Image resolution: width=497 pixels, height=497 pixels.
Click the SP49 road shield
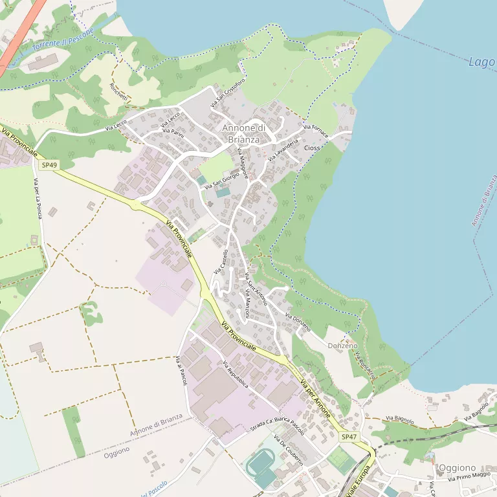pyautogui.click(x=49, y=165)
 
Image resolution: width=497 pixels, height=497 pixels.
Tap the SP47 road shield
pyautogui.click(x=349, y=437)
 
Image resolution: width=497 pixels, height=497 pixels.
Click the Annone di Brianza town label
pyautogui.click(x=241, y=133)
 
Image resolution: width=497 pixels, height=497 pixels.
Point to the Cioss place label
pyautogui.click(x=312, y=148)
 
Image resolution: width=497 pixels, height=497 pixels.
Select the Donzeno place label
pyautogui.click(x=342, y=346)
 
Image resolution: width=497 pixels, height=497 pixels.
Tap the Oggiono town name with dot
pyautogui.click(x=457, y=467)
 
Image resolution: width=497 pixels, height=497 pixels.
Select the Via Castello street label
pyautogui.click(x=221, y=261)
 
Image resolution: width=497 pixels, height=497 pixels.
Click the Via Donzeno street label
pyautogui.click(x=298, y=322)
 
